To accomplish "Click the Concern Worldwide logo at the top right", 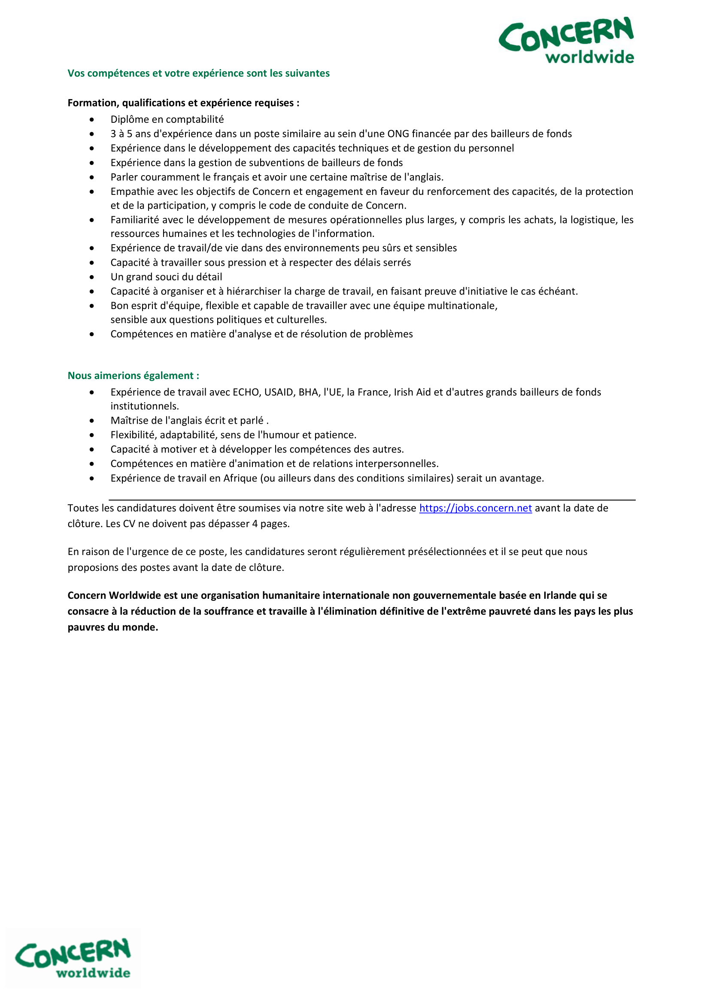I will (x=566, y=41).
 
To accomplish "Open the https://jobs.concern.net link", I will (x=475, y=508).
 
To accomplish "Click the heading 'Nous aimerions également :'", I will (x=134, y=376).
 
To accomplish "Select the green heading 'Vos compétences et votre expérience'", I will (x=198, y=73).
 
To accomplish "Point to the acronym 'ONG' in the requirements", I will (x=398, y=134).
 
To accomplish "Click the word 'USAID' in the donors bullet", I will (x=279, y=392).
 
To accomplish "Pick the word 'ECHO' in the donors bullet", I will (x=246, y=392).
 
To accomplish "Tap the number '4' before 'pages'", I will (x=255, y=524).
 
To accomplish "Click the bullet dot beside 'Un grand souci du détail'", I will (x=92, y=277).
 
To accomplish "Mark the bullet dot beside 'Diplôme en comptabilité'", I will (x=92, y=120).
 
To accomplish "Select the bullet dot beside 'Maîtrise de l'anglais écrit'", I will (x=92, y=421).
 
